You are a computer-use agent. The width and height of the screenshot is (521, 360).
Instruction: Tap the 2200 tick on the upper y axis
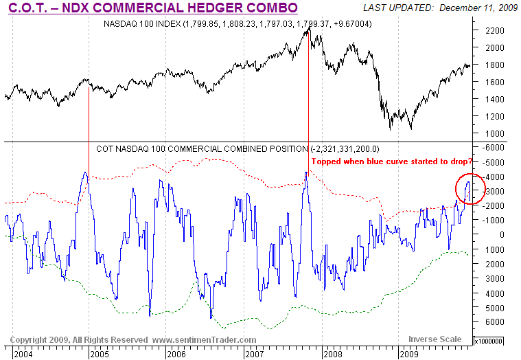pos(492,31)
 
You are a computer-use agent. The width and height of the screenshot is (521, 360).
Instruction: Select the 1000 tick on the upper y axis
pos(492,133)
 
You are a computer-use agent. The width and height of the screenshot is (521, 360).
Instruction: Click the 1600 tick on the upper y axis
pos(492,82)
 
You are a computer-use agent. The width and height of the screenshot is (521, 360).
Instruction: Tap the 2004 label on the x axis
pos(23,355)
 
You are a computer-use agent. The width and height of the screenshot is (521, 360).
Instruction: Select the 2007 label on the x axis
pos(255,355)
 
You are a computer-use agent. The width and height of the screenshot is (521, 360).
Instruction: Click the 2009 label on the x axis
pos(409,355)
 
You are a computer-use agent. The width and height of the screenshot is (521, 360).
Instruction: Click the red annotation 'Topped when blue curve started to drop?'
pos(392,161)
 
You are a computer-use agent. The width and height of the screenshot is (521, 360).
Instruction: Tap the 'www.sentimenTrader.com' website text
pos(204,339)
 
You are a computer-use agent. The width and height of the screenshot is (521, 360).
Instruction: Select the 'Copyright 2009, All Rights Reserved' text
pos(79,339)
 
